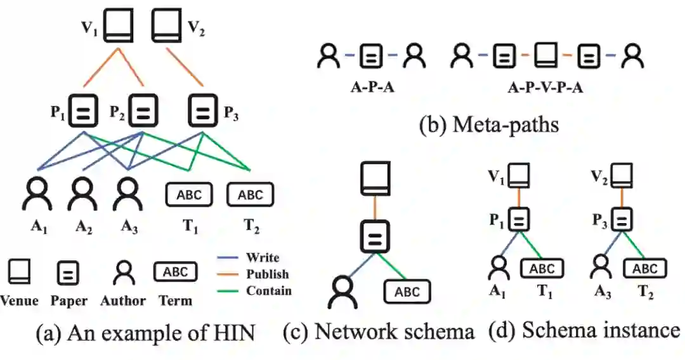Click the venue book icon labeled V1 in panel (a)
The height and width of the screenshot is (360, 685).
point(118,26)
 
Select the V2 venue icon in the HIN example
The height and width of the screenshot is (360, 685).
point(166,26)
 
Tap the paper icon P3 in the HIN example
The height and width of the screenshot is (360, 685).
point(203,110)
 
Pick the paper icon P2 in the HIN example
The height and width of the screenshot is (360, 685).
point(143,110)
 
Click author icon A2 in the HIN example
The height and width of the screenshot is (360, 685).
point(82,194)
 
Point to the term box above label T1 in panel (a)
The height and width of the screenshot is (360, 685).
point(189,194)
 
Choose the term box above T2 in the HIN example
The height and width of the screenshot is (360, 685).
point(251,194)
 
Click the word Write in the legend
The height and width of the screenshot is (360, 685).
point(262,257)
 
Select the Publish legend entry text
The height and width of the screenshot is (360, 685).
point(268,274)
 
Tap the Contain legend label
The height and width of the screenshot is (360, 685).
point(269,291)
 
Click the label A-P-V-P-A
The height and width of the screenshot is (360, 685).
point(545,87)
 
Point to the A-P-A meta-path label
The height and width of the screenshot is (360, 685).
point(373,87)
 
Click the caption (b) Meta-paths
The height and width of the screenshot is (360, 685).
point(489,124)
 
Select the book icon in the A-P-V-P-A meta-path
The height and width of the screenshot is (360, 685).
point(546,55)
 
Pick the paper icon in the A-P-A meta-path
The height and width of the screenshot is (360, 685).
point(371,56)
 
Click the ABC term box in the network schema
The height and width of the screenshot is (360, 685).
point(407,292)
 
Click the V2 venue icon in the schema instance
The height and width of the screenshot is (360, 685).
point(622,176)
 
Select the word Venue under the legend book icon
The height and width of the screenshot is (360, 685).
point(19,300)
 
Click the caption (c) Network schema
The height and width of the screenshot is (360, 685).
point(379,331)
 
